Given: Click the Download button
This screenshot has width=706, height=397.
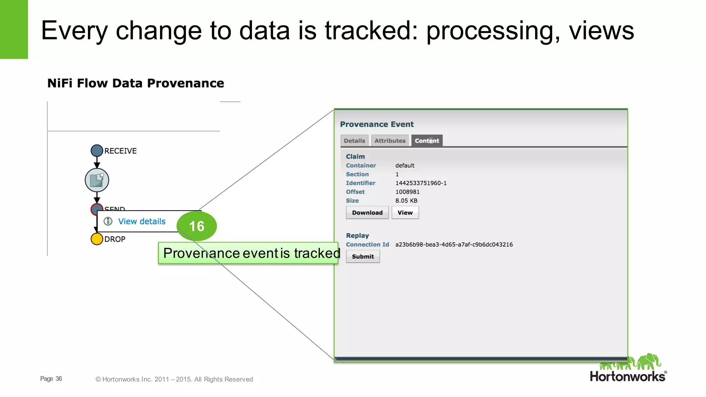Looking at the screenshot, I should (367, 213).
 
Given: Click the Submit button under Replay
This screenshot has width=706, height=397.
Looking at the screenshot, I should (363, 256).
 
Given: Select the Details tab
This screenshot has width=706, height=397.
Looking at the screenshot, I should (354, 141).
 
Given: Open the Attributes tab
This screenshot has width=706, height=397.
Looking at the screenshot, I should (390, 141).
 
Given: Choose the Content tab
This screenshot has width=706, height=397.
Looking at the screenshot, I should (427, 141).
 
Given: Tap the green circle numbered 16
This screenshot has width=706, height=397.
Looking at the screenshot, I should (196, 226).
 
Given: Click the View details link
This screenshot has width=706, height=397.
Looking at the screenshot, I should (142, 221).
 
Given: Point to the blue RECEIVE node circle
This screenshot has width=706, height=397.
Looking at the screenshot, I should (97, 151).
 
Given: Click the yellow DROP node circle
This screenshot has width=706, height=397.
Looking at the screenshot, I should (97, 239).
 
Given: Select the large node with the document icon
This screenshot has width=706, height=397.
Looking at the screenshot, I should (97, 180).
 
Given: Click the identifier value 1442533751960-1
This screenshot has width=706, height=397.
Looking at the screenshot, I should (421, 183).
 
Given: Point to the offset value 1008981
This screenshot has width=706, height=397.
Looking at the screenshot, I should (407, 192).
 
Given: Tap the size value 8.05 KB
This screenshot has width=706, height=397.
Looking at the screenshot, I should (406, 201).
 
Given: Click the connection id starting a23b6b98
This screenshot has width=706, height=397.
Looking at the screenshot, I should (454, 244).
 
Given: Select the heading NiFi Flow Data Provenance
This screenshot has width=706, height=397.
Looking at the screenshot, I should (135, 83).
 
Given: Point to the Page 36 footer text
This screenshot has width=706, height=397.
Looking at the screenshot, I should (51, 379).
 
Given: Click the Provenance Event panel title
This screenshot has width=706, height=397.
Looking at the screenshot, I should (377, 124).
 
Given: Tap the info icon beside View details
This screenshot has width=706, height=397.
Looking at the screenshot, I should (108, 221).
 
